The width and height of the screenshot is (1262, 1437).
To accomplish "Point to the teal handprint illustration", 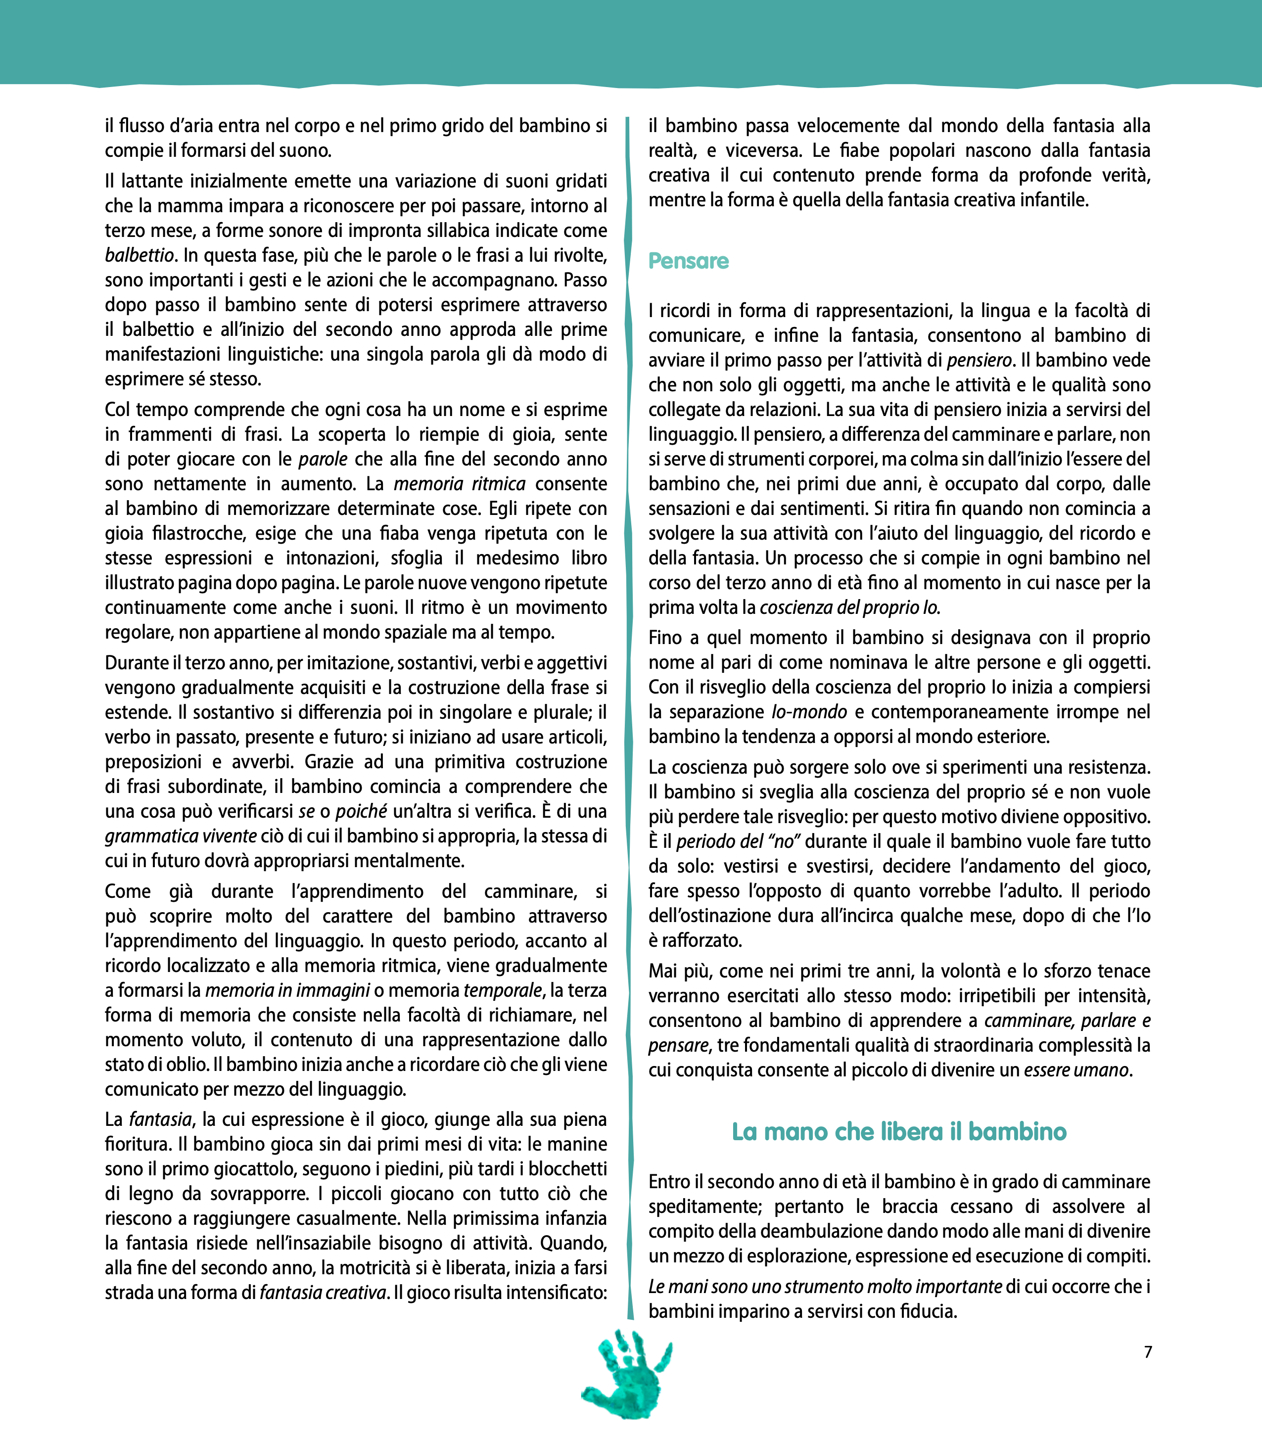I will click(x=626, y=1373).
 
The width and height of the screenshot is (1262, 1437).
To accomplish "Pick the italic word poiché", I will click(x=361, y=811).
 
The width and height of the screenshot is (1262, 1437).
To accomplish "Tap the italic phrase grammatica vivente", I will click(x=181, y=836).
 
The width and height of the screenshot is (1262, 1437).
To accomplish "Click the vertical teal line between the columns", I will click(x=628, y=703).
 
